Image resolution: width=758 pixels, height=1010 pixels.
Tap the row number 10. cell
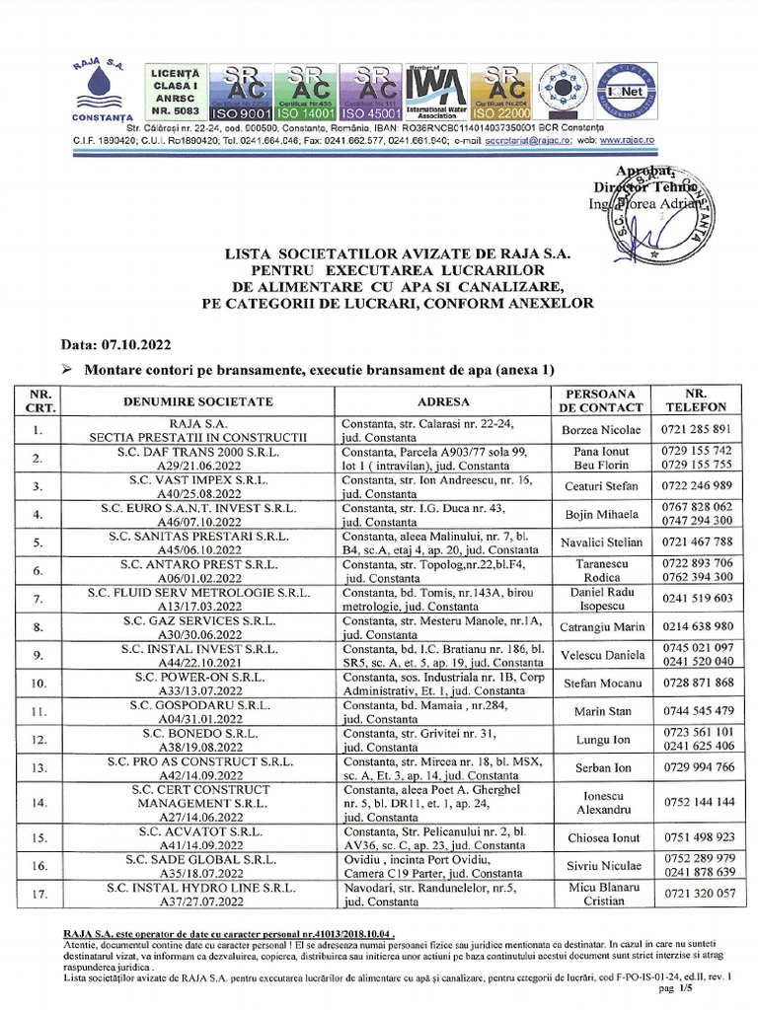click(38, 683)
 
